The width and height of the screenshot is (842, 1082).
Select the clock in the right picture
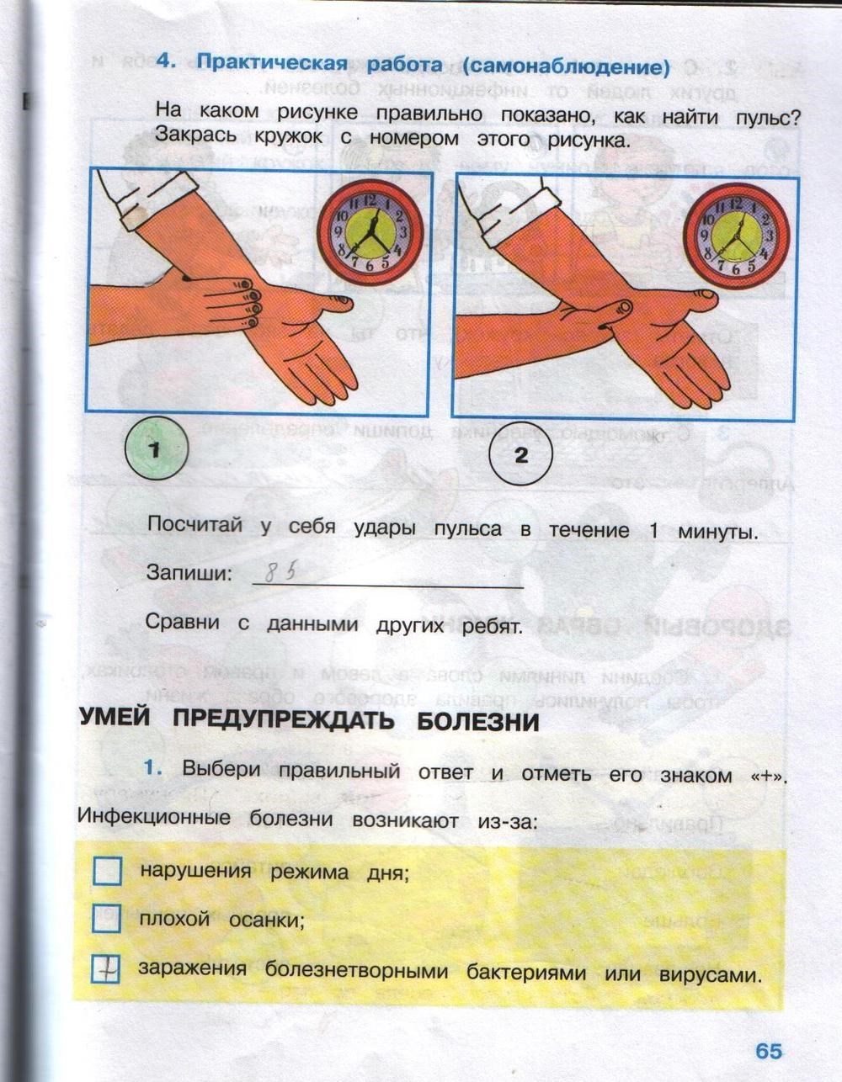point(734,229)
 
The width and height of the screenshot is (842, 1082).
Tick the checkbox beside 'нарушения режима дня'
point(108,871)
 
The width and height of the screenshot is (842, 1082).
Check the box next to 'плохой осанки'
point(107,919)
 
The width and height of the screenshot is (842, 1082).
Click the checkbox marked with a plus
point(107,970)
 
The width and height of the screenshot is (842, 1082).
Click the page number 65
point(768,1051)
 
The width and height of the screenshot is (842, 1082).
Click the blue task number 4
point(164,61)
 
